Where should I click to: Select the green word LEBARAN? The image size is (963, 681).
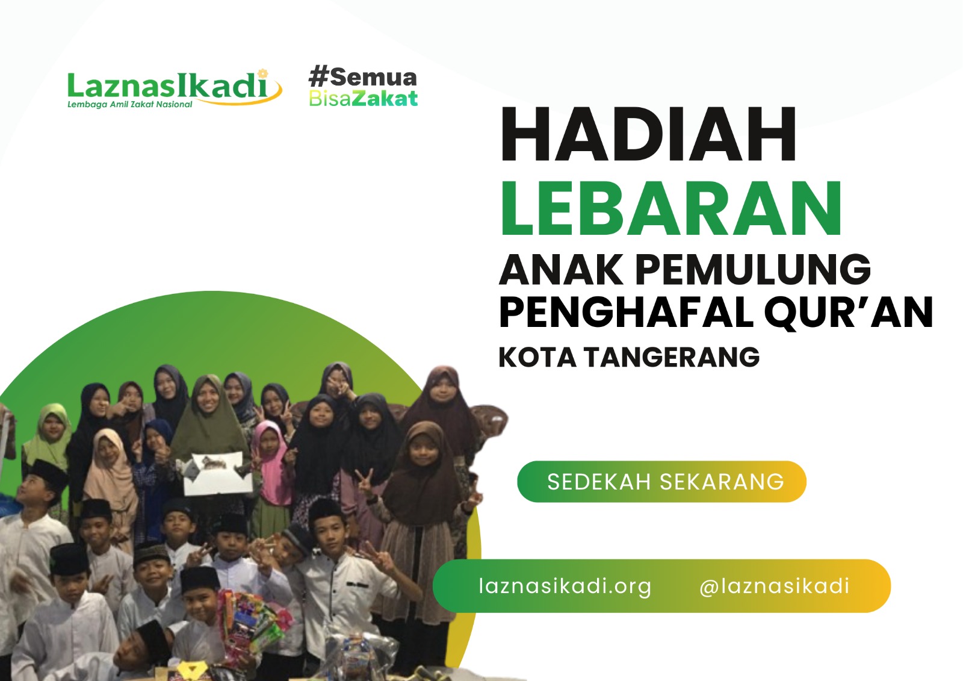(670, 208)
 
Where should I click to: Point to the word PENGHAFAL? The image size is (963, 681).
(625, 312)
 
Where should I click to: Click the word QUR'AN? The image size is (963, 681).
(849, 312)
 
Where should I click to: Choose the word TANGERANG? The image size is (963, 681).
(672, 357)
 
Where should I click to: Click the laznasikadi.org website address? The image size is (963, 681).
(565, 586)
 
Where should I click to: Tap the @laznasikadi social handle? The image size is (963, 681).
(774, 586)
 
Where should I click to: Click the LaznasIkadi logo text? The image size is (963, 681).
(167, 86)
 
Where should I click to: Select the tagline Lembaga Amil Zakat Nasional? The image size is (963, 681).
(129, 105)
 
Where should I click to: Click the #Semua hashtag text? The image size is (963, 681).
(362, 77)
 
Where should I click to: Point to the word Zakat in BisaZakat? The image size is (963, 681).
(385, 98)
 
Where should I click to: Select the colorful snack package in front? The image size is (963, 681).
(250, 620)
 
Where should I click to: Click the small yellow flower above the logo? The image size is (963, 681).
(262, 73)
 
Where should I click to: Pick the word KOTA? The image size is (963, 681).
(537, 357)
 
